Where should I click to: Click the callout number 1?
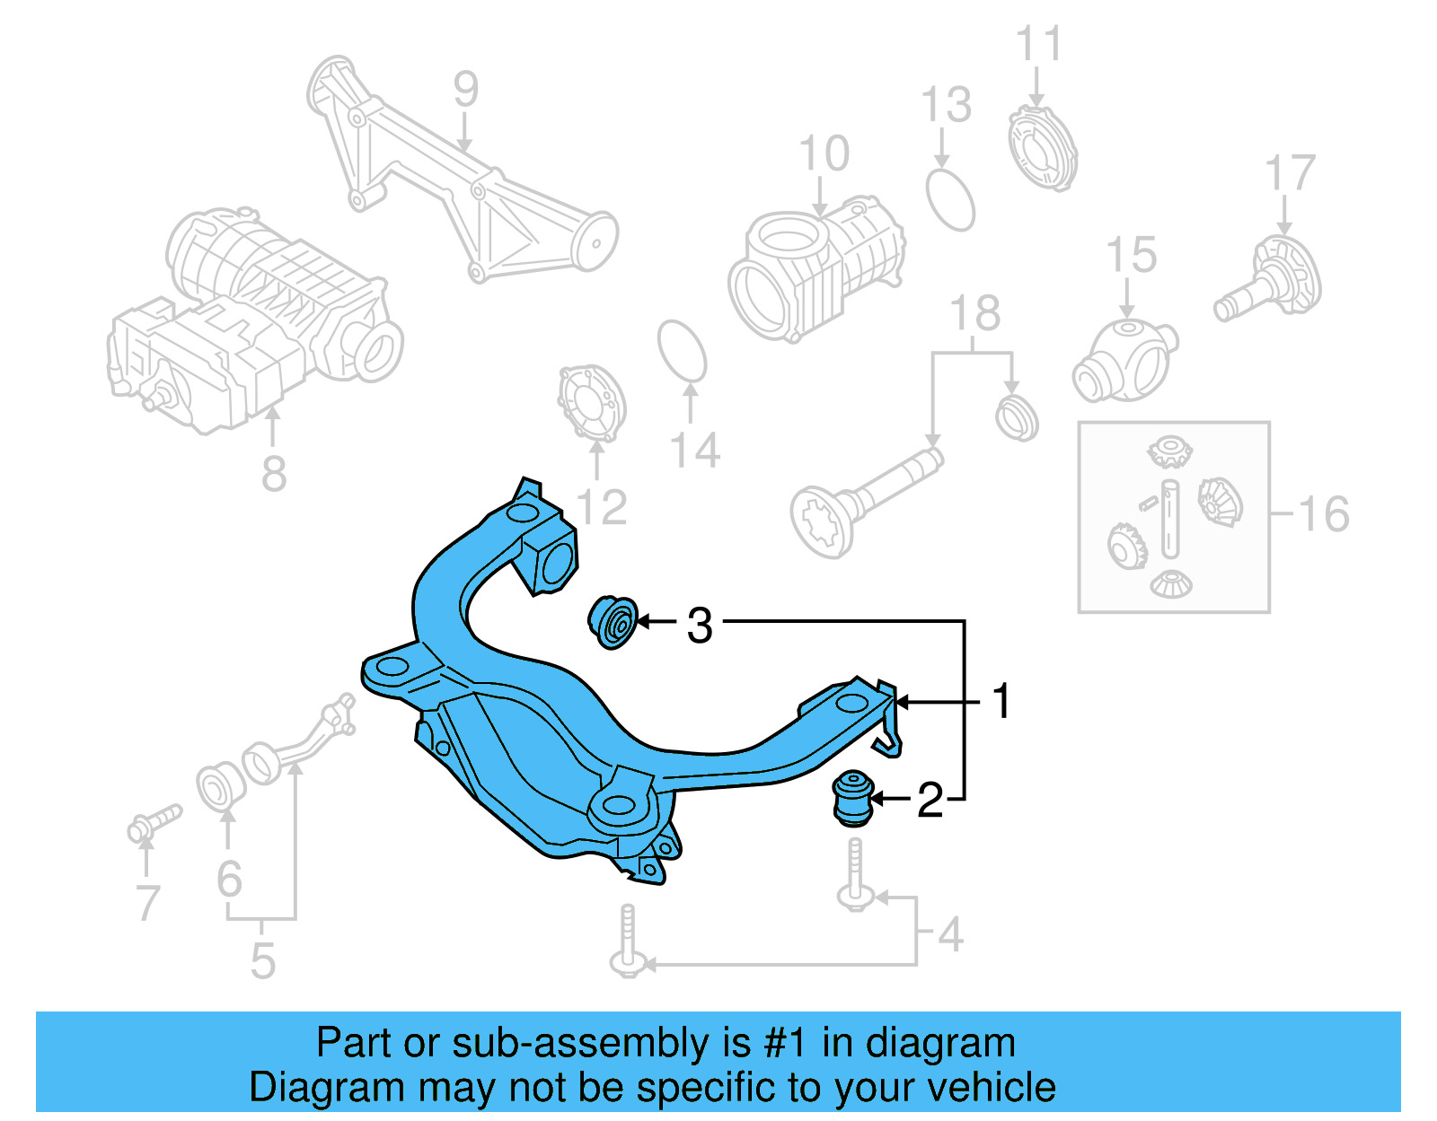tap(1001, 701)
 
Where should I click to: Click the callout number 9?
tap(465, 90)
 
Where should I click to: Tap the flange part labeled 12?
tap(591, 403)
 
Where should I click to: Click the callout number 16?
tap(1323, 514)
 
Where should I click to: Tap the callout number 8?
tap(274, 473)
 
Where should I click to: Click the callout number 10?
tap(824, 153)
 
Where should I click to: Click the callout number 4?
tap(950, 934)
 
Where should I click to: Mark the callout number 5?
tap(262, 960)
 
